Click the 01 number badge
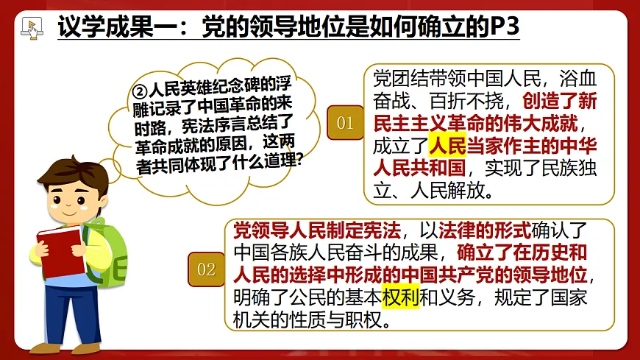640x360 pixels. pos(345,122)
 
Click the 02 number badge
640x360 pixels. pos(206,269)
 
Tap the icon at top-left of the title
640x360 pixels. pos(30,27)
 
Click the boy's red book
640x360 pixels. pos(58,250)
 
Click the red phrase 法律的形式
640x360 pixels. pos(477,230)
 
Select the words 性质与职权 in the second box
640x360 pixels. pos(328,321)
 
